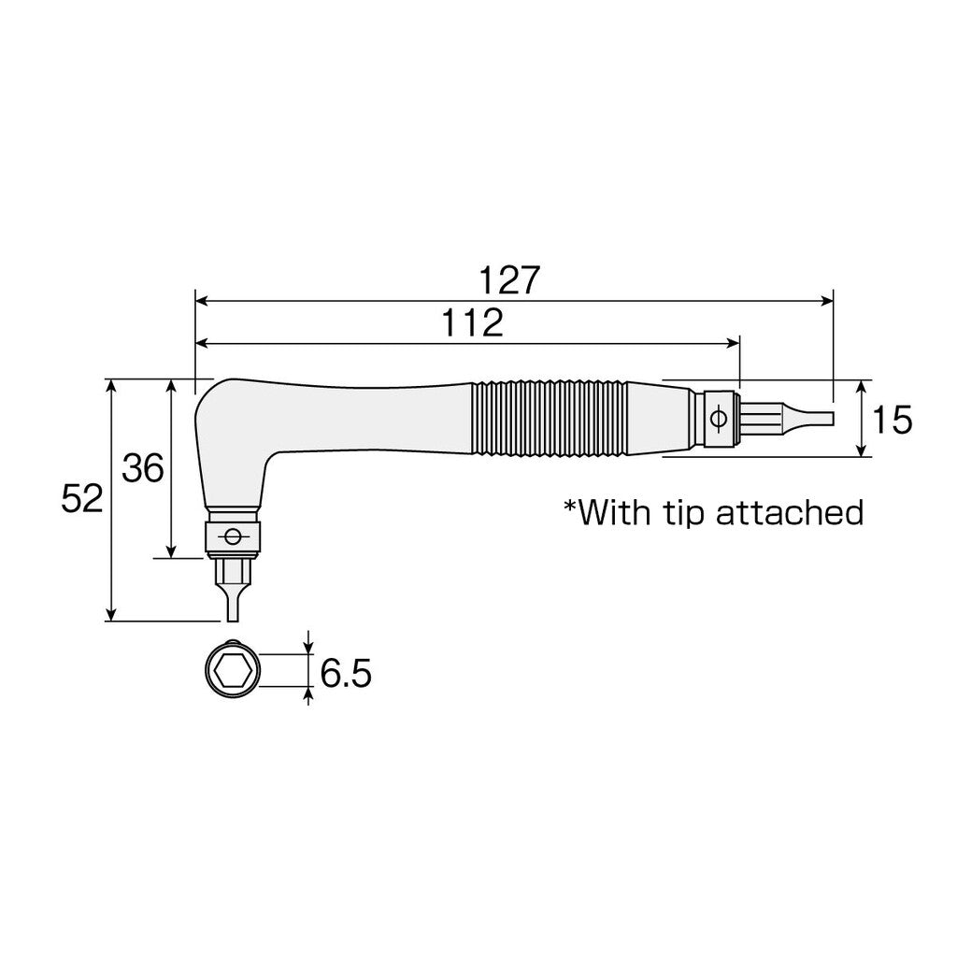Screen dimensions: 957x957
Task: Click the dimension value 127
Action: tap(510, 280)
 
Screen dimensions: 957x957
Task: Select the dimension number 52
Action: tap(81, 500)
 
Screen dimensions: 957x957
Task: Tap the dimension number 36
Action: tap(143, 467)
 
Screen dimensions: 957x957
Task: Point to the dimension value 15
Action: tap(893, 420)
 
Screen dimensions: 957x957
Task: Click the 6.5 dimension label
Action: tap(346, 673)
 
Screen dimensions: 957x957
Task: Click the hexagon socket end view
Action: tap(230, 670)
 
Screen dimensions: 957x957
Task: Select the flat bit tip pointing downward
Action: tap(232, 603)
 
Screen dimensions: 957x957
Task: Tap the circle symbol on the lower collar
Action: tap(232, 536)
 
